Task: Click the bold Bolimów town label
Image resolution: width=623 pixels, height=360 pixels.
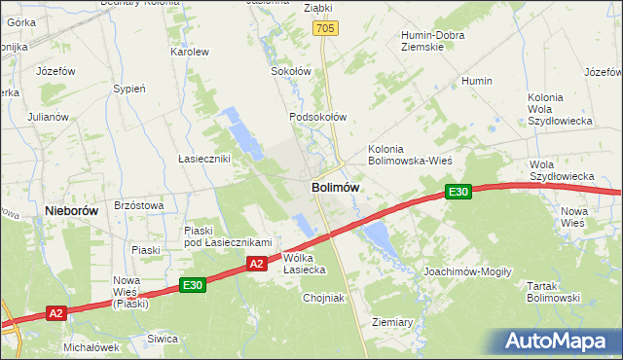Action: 336,187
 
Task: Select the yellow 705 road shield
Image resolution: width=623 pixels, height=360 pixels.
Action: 325,30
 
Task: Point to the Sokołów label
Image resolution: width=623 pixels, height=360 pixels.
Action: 289,71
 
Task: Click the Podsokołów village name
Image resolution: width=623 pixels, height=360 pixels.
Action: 317,117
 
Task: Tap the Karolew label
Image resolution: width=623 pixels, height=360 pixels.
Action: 190,52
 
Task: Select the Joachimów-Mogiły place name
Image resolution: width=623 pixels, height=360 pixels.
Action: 467,271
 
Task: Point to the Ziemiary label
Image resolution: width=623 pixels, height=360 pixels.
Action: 393,320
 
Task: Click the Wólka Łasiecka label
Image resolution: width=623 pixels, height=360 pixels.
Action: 304,263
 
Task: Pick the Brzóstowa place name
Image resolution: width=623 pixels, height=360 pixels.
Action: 138,205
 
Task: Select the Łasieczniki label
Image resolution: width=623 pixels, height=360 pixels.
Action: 203,158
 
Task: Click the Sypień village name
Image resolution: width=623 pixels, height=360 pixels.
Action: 129,89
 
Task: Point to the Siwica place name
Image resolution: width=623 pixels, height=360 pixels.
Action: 163,339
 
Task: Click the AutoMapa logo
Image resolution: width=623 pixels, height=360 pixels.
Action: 557,342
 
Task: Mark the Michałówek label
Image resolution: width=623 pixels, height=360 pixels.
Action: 91,346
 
